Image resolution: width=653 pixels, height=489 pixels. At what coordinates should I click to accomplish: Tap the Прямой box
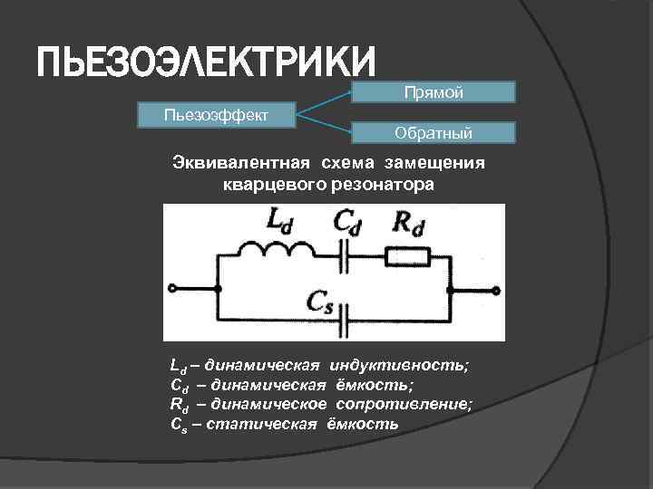[434, 92]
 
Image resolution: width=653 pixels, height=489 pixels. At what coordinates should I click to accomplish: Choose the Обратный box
[434, 133]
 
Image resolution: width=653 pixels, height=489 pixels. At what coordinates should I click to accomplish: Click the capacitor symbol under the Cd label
[344, 259]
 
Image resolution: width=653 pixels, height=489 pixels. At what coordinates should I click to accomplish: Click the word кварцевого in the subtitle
[280, 184]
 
